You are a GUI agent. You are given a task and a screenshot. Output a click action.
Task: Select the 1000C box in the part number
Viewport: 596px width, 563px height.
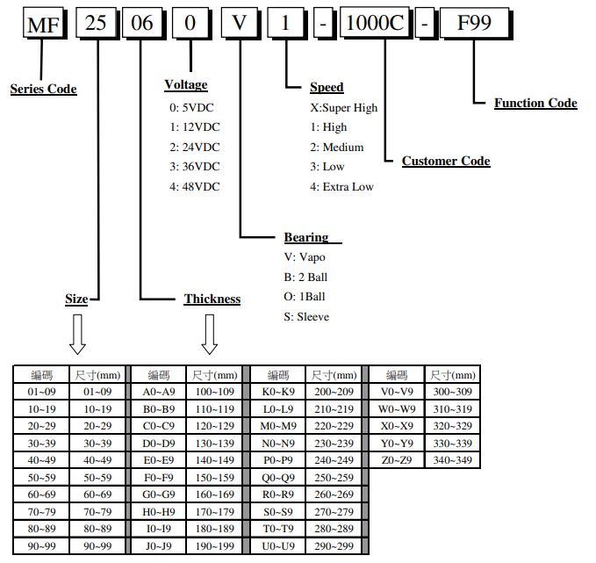(374, 24)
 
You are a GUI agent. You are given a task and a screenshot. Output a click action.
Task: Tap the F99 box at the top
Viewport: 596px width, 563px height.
(474, 24)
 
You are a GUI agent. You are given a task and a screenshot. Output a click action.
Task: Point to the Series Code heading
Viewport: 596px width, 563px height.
(43, 89)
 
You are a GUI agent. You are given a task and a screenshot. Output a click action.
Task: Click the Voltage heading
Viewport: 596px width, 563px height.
(186, 85)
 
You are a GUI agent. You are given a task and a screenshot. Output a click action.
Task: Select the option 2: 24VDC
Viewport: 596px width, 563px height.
(195, 147)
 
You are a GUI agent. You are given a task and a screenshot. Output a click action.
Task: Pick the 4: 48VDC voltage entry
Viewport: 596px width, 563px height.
(195, 186)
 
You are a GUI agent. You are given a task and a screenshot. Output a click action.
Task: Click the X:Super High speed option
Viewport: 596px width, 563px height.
(343, 108)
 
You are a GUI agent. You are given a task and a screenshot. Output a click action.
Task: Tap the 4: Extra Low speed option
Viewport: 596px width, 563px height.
(341, 186)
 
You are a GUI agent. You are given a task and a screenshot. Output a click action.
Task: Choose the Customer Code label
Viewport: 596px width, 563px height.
(446, 161)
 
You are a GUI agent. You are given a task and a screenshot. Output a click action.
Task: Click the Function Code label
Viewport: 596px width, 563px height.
(535, 103)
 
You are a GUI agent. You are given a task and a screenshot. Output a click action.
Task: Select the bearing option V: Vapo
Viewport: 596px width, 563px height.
(304, 257)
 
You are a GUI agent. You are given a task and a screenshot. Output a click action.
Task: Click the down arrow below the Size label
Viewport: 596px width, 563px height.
(77, 334)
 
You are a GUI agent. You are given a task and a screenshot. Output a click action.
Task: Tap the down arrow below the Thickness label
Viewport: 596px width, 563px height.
(210, 334)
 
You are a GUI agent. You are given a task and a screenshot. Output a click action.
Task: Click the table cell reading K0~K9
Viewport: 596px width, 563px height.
(278, 392)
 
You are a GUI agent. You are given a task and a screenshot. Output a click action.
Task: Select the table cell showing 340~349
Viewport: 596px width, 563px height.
(452, 459)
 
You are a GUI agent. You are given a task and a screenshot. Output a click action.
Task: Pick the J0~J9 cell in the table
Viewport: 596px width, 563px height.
(158, 545)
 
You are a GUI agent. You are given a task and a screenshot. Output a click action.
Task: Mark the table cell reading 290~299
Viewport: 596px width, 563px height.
(334, 545)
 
